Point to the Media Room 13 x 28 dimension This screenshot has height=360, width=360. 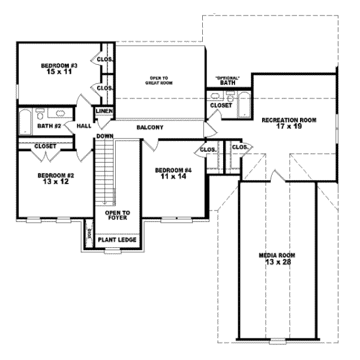277,262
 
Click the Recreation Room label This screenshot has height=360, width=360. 289,120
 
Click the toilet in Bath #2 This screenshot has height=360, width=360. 40,113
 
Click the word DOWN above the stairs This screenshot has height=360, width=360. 104,136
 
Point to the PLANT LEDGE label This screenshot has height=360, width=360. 118,241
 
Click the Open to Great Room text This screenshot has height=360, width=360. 159,80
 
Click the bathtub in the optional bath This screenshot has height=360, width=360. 244,104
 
